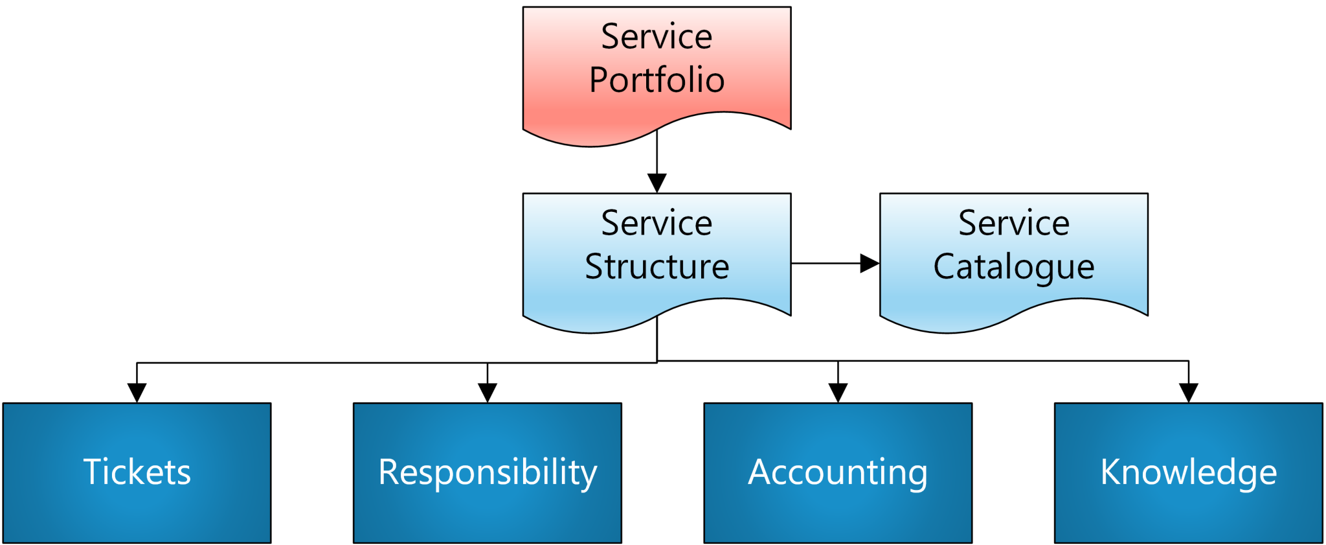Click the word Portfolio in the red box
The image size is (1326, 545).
click(x=657, y=80)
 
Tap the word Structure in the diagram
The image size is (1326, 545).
click(x=657, y=267)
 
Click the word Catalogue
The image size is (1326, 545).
click(x=1013, y=267)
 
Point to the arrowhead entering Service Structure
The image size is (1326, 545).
click(x=657, y=183)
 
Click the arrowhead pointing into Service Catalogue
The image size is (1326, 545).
click(x=870, y=263)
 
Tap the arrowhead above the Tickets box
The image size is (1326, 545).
click(x=137, y=392)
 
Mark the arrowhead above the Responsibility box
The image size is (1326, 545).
click(x=488, y=392)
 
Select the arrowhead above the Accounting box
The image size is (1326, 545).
click(x=838, y=392)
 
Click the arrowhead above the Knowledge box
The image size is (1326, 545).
click(x=1189, y=392)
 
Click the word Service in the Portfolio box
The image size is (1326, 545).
click(x=657, y=37)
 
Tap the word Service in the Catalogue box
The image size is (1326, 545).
click(x=1013, y=224)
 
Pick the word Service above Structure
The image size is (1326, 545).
click(x=657, y=224)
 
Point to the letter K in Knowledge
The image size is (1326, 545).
click(x=1111, y=472)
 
